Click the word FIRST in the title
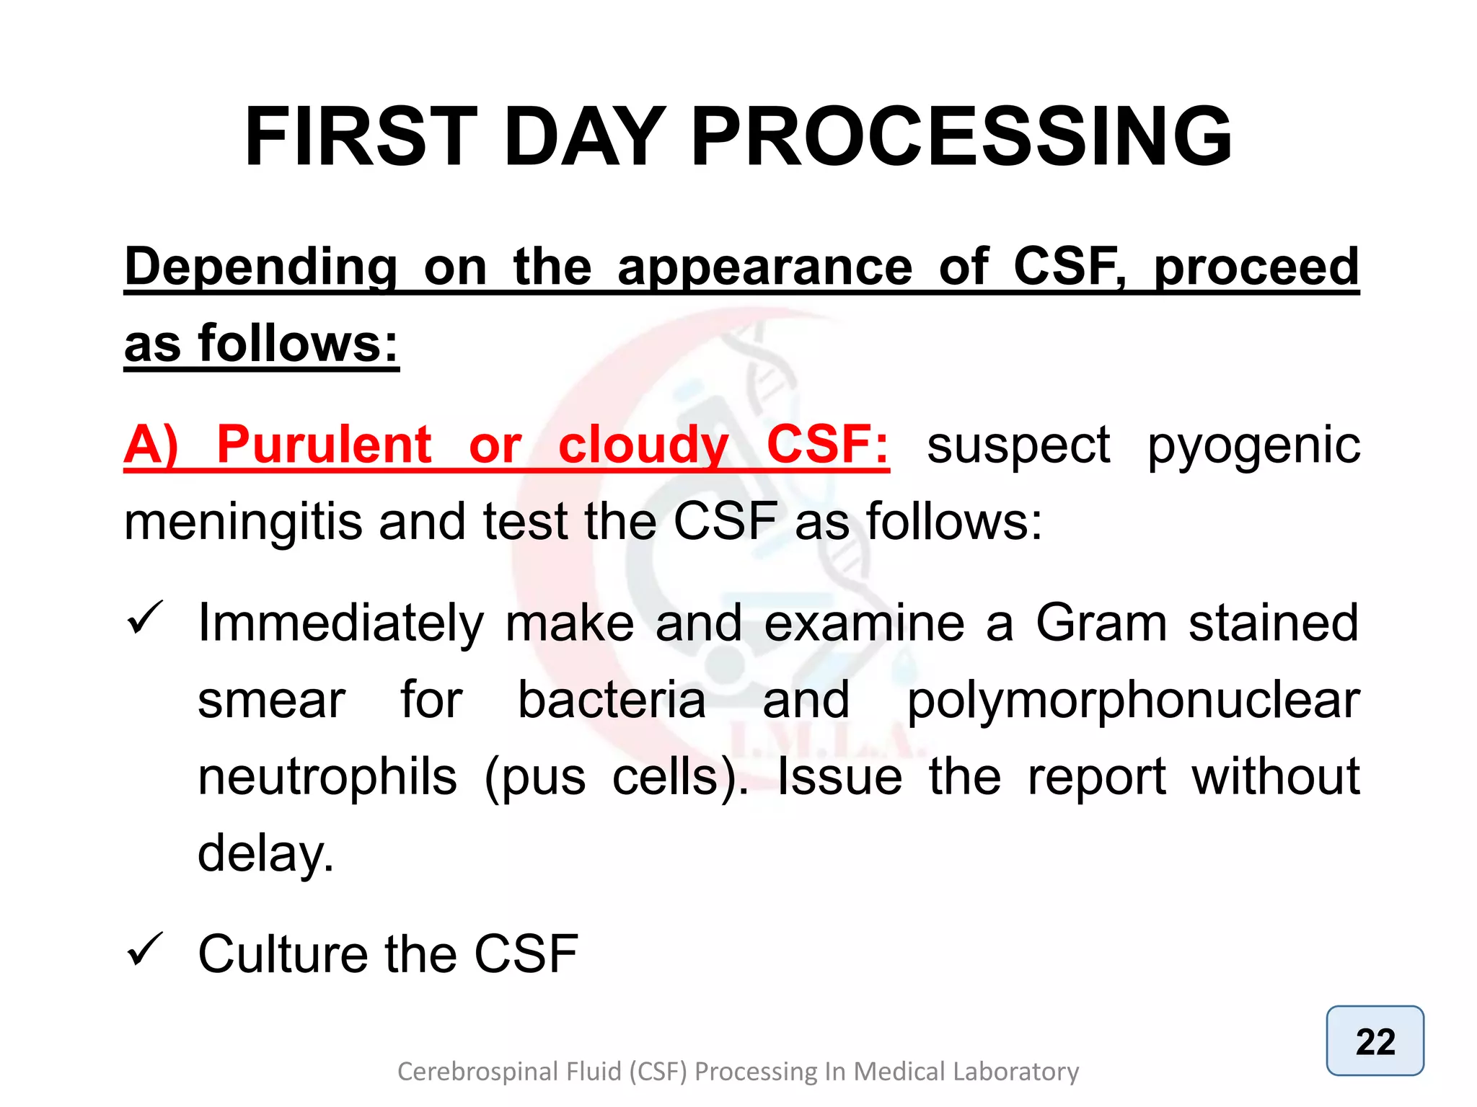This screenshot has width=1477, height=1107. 361,137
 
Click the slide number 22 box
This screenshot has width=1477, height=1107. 1375,1041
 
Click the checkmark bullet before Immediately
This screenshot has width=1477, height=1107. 145,618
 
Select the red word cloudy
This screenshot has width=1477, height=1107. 643,445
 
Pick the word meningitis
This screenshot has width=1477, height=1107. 243,523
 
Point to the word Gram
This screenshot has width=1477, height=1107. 1101,623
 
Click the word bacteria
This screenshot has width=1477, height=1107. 612,701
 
